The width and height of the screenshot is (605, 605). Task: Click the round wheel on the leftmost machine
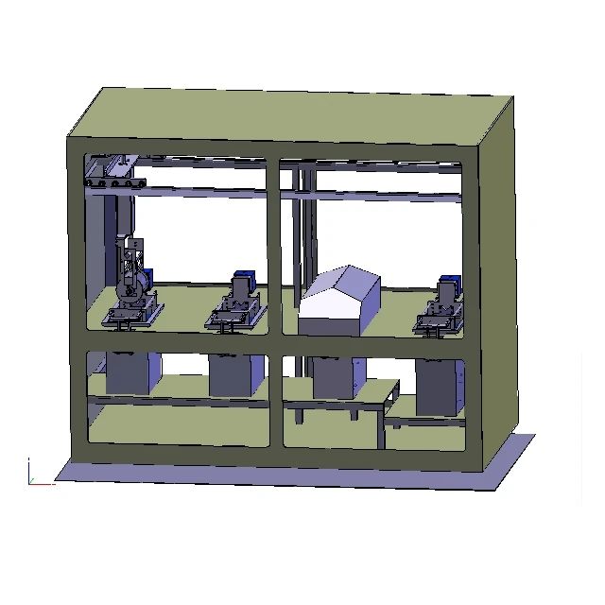coord(134,287)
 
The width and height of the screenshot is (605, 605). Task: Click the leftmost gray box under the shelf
coord(133,372)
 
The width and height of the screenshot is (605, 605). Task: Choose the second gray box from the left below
coord(234,375)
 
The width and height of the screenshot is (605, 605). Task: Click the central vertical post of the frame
coord(273,302)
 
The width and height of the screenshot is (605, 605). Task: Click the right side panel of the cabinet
coord(499,284)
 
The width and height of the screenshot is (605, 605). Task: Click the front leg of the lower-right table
coord(382,429)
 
